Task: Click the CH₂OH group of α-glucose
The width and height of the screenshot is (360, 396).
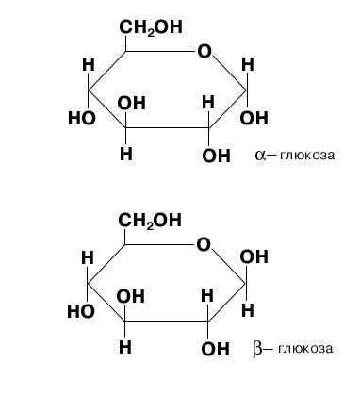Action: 151,27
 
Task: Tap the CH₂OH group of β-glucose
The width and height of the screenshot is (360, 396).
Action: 150,221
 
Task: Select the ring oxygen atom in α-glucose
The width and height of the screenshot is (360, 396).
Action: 205,51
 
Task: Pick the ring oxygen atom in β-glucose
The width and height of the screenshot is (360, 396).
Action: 204,244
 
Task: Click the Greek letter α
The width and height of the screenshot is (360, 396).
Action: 260,155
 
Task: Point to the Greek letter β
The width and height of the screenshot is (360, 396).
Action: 256,349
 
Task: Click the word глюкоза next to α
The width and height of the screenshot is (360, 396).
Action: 307,156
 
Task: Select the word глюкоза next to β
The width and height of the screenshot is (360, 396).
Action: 305,349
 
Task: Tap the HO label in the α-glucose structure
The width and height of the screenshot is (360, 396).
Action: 82,119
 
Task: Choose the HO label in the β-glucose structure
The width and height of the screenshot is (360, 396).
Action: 81,311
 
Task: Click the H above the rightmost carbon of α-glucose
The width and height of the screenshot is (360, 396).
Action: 248,65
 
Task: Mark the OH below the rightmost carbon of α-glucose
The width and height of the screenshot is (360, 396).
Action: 254,118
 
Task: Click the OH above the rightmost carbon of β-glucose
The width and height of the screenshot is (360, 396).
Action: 254,256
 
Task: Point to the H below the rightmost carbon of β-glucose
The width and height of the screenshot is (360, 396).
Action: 248,310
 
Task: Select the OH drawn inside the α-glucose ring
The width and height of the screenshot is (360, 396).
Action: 131,103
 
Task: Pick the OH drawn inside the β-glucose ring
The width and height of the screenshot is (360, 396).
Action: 130,296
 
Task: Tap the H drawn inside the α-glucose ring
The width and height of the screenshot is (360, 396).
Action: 208,102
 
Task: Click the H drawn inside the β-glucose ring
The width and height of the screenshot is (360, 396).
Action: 207,295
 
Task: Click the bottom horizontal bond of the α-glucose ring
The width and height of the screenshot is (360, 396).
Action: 167,127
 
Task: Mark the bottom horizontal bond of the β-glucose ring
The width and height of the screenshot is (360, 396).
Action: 166,321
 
